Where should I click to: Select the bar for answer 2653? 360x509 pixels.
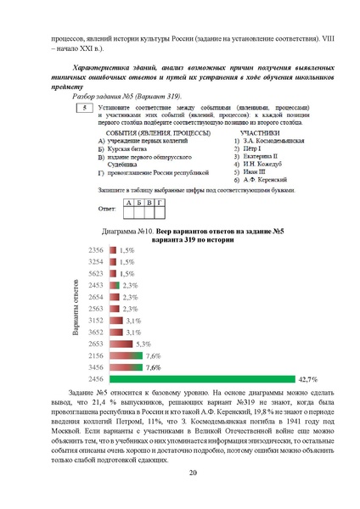[120, 344]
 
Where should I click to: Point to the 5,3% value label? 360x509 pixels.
[143, 344]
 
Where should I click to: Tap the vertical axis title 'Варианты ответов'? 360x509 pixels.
[76, 314]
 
